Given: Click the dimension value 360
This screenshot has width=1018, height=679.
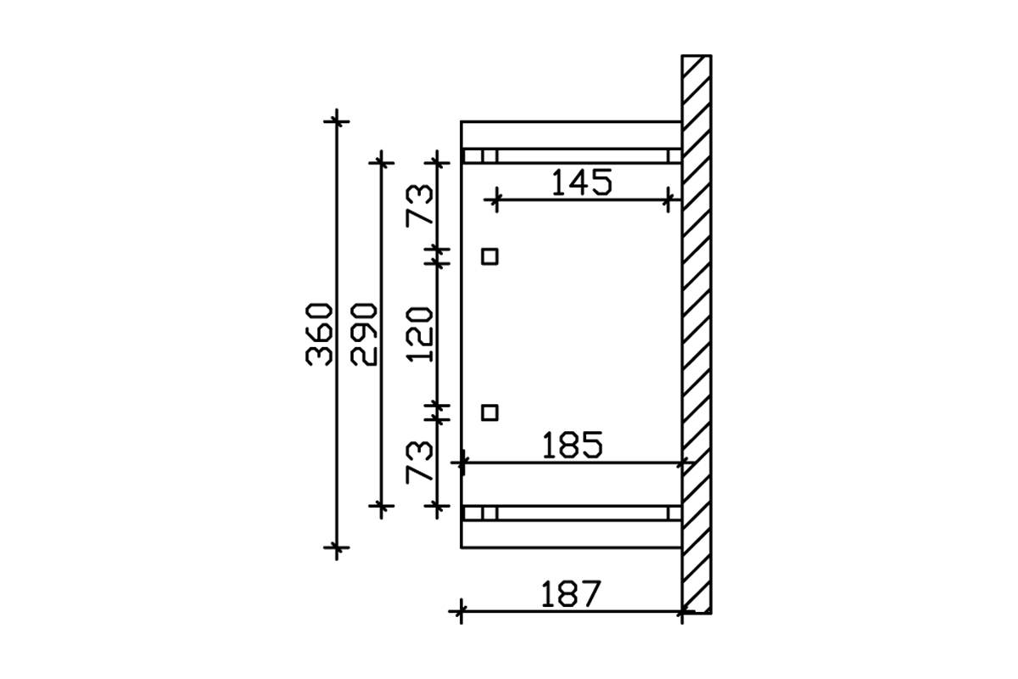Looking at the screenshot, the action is (319, 334).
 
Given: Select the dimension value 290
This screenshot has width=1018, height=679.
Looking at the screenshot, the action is (364, 334).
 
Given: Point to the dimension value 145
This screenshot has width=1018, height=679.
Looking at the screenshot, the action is (582, 182).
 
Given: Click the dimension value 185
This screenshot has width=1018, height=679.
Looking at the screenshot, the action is (573, 445).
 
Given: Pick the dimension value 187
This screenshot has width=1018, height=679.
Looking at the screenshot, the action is (571, 593).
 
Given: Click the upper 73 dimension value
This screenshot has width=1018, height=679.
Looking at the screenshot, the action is (419, 205).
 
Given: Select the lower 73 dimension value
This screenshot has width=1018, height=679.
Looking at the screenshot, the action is (419, 462).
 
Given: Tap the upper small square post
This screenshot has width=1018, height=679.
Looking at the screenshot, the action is (489, 256).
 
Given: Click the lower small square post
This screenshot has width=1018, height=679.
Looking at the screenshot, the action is (489, 413).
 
